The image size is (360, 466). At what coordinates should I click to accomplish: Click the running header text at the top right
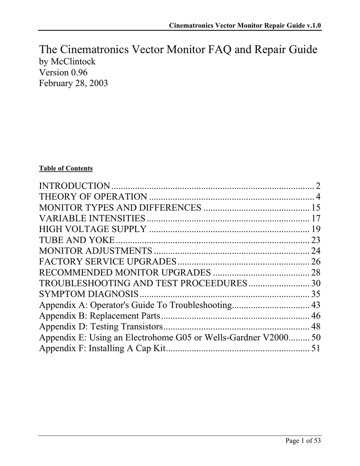[245, 25]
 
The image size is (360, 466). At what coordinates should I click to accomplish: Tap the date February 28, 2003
[74, 83]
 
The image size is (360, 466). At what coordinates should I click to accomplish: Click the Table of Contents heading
[66, 168]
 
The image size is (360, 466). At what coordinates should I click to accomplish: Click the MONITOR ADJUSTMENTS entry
[96, 251]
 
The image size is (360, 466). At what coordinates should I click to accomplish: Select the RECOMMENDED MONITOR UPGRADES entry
[125, 273]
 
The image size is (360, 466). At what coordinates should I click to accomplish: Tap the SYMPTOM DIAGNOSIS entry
[89, 294]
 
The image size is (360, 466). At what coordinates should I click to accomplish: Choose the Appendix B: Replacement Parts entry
[100, 316]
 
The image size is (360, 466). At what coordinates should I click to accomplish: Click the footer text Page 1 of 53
[304, 441]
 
